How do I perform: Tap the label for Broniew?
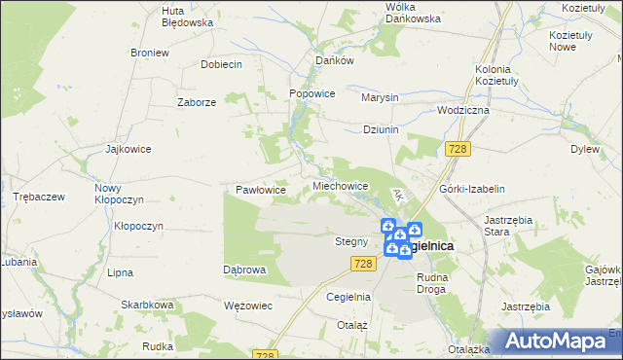pos(149,53)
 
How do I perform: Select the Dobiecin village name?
pos(221,63)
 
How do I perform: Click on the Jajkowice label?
pos(128,150)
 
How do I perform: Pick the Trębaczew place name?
pos(39,197)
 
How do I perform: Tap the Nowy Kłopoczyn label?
pos(119,193)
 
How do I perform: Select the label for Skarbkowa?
pos(147,305)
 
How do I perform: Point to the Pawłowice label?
pos(261,190)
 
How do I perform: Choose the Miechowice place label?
pos(340,185)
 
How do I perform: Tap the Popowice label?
pos(312,94)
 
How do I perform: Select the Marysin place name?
pos(380,98)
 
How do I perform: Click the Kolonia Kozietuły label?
pos(500,77)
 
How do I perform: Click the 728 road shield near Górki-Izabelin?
pos(459,148)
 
